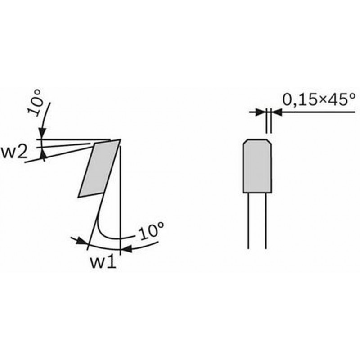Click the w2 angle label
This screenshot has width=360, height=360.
click(14, 153)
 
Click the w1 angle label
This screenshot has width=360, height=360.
click(103, 262)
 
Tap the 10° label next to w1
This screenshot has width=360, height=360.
click(152, 231)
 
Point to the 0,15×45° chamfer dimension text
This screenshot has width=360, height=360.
click(319, 99)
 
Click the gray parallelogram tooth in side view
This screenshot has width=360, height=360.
click(99, 168)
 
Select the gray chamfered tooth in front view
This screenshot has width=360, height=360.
click(257, 166)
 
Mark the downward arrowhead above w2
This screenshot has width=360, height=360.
click(42, 133)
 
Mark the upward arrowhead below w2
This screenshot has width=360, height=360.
click(43, 153)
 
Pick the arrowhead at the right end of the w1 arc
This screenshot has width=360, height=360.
click(126, 249)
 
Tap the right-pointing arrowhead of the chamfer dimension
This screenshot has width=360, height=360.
click(261, 112)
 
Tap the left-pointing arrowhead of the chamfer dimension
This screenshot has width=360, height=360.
click(277, 112)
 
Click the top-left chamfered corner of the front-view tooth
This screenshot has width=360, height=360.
click(245, 141)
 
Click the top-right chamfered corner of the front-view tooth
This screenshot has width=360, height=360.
click(270, 141)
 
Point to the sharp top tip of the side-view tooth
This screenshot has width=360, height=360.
click(121, 139)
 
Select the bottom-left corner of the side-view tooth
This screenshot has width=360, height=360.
click(78, 197)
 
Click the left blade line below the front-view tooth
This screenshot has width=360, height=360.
click(248, 220)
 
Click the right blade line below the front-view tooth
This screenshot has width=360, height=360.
click(266, 220)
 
